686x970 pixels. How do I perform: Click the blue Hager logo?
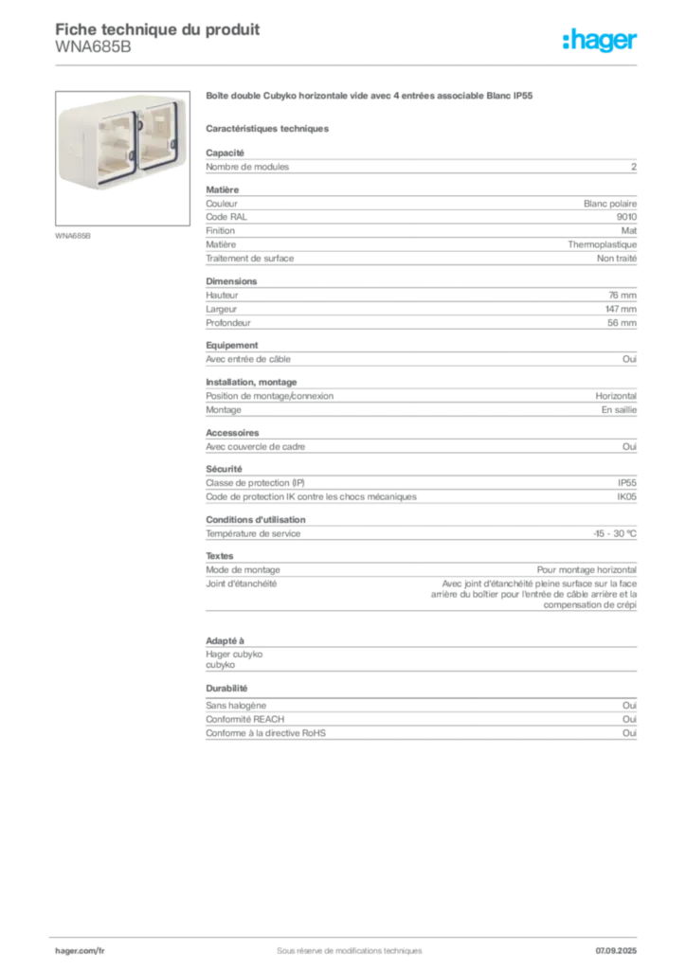point(602,42)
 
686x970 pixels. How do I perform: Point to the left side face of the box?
point(71,150)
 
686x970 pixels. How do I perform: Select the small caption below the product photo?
point(75,235)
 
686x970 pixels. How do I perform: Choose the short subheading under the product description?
point(269,127)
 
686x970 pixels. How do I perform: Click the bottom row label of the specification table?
point(265,732)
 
